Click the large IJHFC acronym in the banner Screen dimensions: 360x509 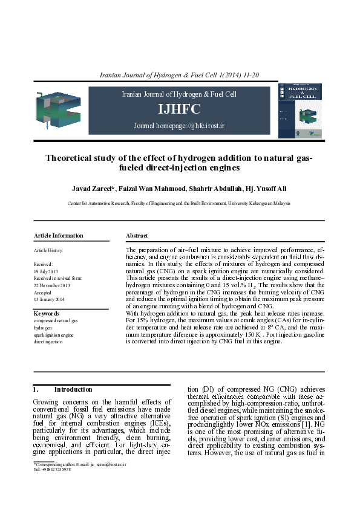(179, 109)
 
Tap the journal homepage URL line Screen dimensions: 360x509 (179, 126)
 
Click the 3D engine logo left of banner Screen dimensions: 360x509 (58, 110)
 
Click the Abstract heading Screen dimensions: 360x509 (137, 235)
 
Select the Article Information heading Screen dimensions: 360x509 (59, 235)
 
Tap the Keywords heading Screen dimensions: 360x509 (47, 314)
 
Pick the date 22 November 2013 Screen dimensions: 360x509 (52, 285)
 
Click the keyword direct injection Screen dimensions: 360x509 (48, 342)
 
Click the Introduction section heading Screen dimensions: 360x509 (73, 389)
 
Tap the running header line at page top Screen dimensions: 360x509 (179, 75)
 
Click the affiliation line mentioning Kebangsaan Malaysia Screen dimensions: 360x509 (179, 204)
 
